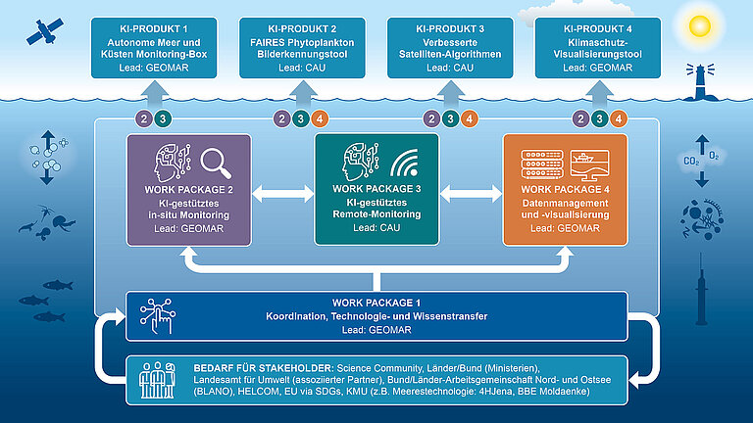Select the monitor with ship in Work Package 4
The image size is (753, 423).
pos(588,164)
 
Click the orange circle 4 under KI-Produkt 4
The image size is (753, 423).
pos(618,119)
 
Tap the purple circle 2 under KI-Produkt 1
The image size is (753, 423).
pos(143,119)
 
